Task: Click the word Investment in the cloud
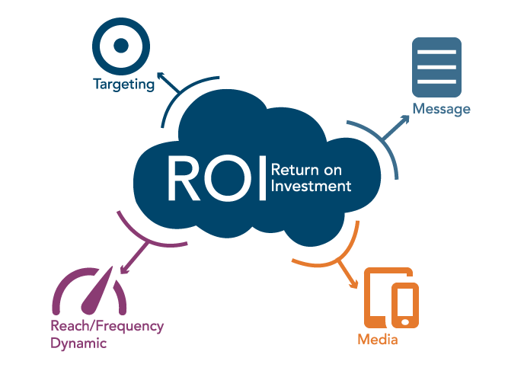click(311, 186)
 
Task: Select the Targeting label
click(123, 84)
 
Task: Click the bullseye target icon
click(120, 44)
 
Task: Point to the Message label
click(441, 109)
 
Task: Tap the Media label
click(377, 340)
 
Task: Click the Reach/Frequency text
click(107, 326)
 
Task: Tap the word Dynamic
click(78, 343)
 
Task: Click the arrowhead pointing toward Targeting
click(160, 78)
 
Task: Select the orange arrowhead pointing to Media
click(354, 286)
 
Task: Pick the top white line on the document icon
click(436, 52)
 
